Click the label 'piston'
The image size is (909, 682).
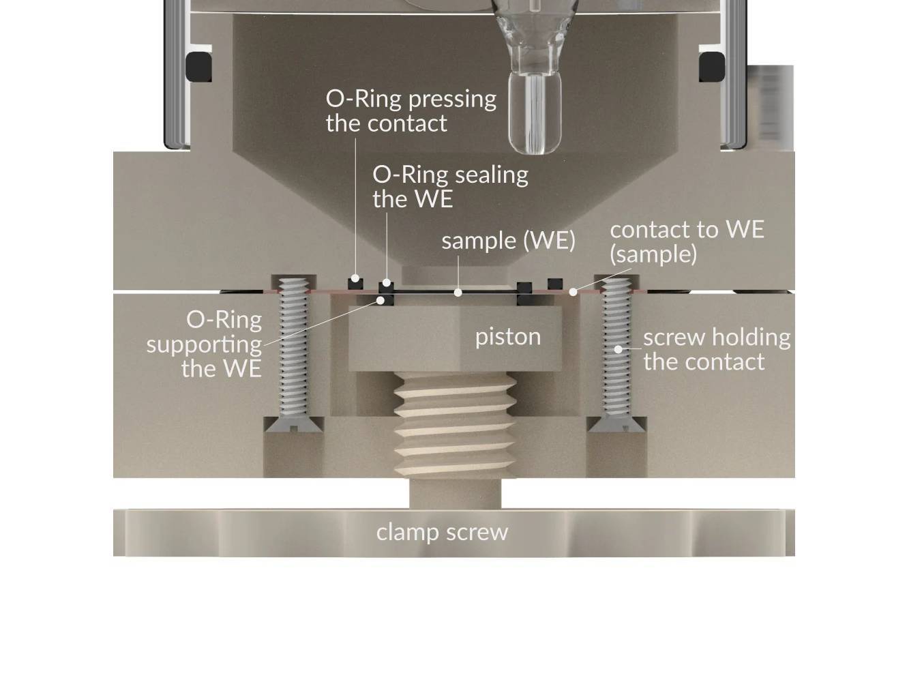coord(508,336)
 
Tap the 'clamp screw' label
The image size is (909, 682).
coord(442,532)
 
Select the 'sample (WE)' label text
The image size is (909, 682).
coord(508,240)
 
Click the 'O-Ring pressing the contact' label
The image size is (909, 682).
coord(411,110)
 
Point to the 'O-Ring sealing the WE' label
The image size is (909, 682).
coord(450,186)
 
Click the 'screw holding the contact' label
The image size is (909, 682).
coord(716,349)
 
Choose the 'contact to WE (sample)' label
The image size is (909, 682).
coord(687,241)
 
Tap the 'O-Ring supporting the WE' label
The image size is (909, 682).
coord(205,344)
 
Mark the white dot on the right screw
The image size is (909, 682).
coord(619,349)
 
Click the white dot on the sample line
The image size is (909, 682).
coord(458,293)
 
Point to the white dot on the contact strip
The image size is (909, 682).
coord(573,292)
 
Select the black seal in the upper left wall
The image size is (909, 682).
coord(198,67)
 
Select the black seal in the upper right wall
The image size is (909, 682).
coord(711,67)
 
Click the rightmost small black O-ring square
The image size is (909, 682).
coord(555,282)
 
